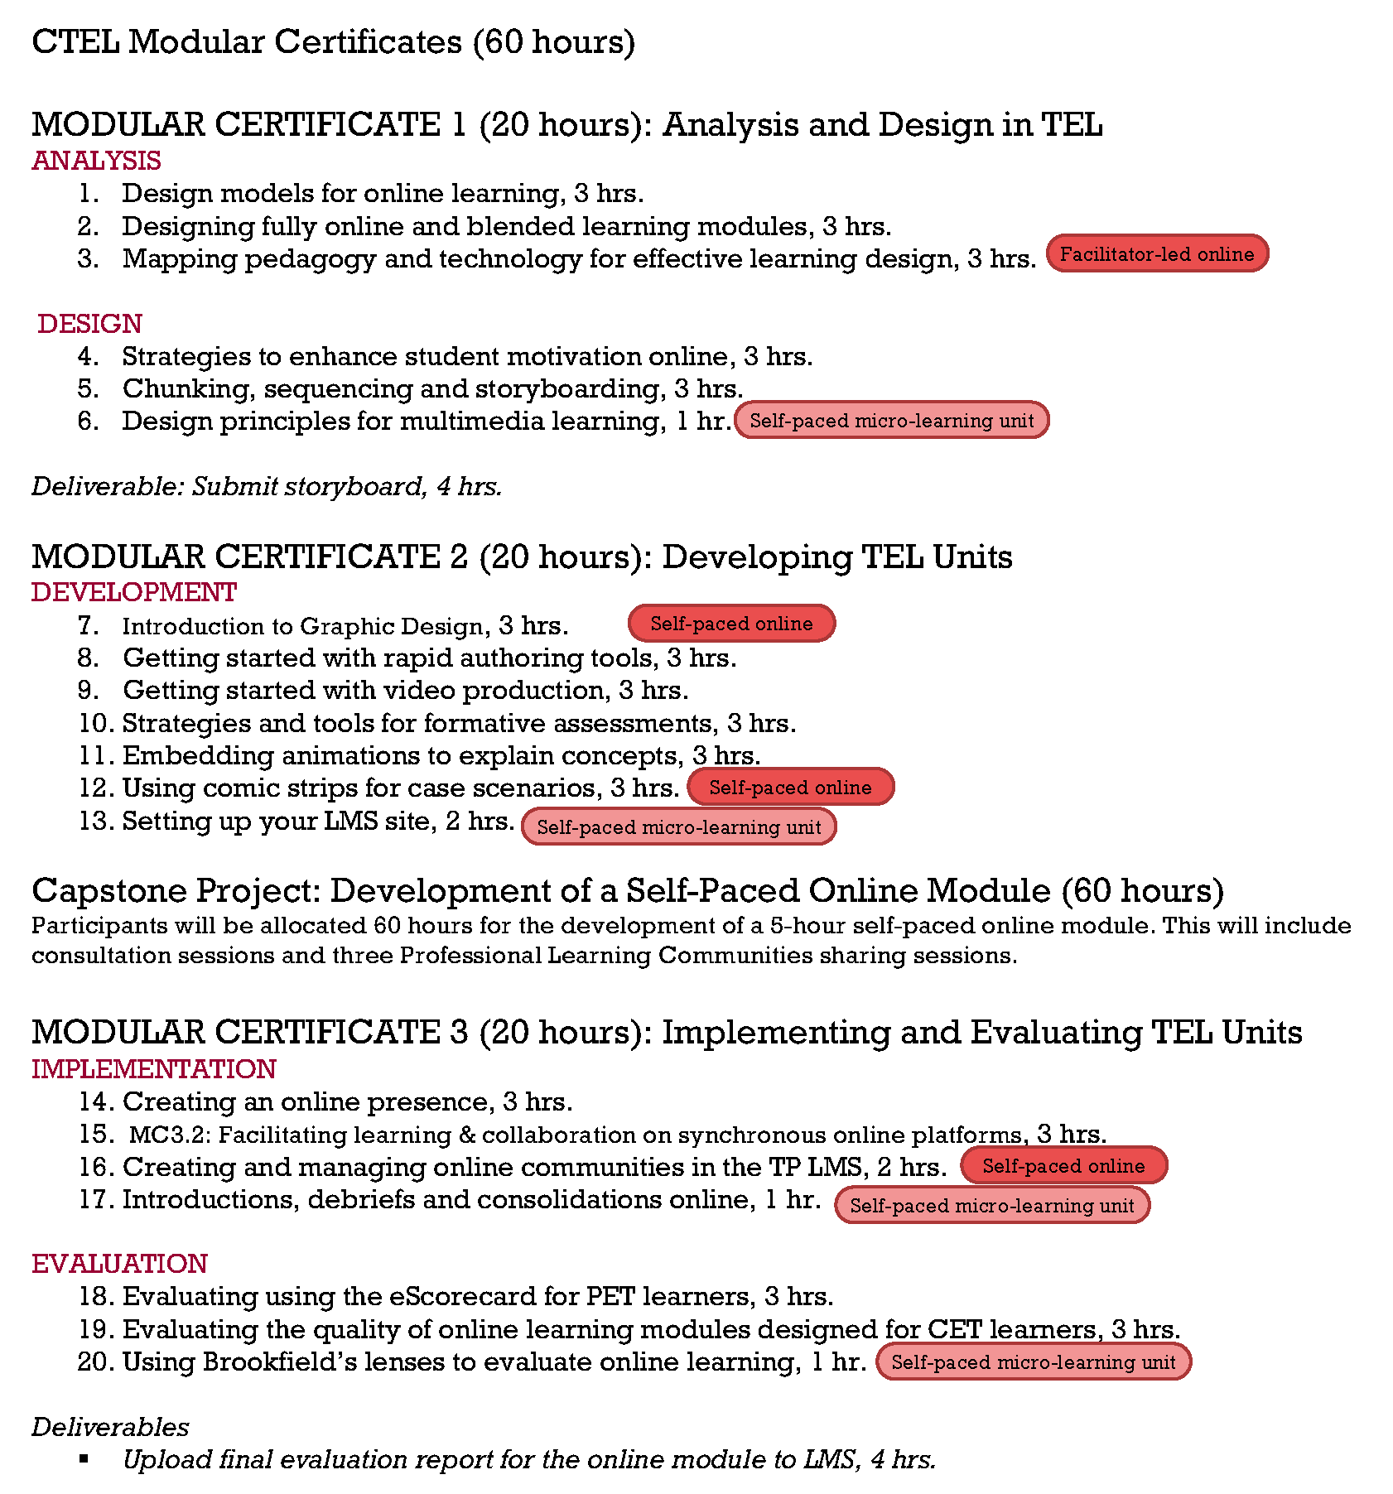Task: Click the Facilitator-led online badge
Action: (1157, 253)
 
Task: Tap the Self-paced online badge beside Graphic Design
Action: (731, 624)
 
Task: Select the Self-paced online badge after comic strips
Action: (790, 787)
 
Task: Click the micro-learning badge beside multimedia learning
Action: (891, 420)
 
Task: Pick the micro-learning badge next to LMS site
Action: (678, 827)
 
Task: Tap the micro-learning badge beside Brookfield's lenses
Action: (1033, 1361)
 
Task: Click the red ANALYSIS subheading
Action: (96, 161)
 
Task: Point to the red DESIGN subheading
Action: (89, 324)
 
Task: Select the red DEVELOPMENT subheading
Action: (134, 593)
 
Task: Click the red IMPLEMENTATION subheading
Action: (153, 1069)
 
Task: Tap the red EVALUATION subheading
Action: (119, 1264)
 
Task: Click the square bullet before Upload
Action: (84, 1459)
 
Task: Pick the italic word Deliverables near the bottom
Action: (110, 1427)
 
